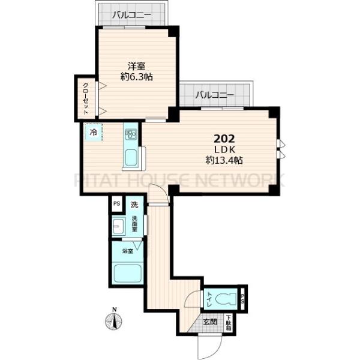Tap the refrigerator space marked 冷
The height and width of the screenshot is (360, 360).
tap(93, 131)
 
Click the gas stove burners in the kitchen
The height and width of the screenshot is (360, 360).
tap(131, 133)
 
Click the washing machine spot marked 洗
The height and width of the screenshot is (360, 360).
tap(135, 205)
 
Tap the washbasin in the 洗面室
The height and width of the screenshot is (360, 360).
tap(119, 226)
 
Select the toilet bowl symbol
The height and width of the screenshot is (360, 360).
tap(226, 297)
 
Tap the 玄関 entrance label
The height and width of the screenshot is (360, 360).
tap(209, 322)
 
